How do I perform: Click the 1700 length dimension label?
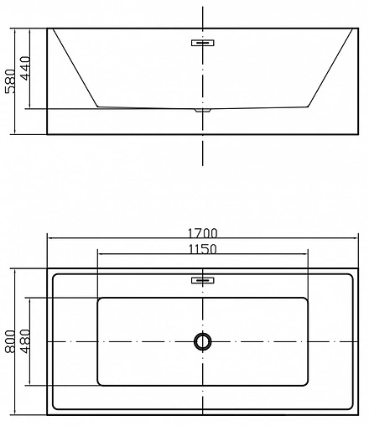pyautogui.click(x=203, y=232)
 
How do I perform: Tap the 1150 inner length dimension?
pyautogui.click(x=203, y=248)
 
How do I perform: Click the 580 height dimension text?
pyautogui.click(x=9, y=81)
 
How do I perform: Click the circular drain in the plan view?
pyautogui.click(x=202, y=341)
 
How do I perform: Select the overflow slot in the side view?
pyautogui.click(x=202, y=41)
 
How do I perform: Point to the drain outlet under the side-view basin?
pyautogui.click(x=202, y=109)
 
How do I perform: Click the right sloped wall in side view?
pyautogui.click(x=330, y=69)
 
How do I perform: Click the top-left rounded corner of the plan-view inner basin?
pyautogui.click(x=101, y=300)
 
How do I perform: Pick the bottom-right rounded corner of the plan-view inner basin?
pyautogui.click(x=304, y=382)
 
